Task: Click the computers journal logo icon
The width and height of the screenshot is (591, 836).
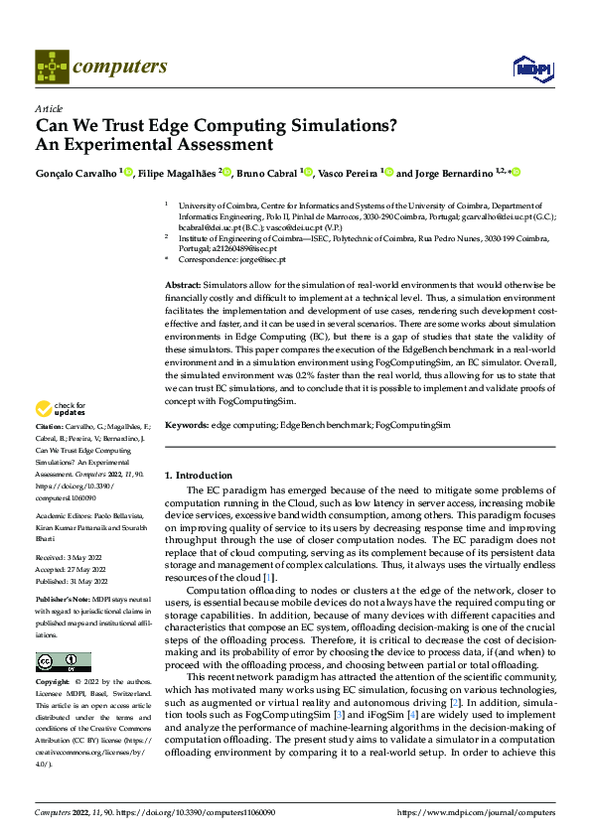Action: pos(52,68)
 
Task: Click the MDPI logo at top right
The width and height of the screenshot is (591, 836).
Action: pos(532,68)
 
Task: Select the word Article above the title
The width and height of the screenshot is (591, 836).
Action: pos(49,108)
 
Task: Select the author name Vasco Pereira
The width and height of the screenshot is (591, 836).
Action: pos(348,173)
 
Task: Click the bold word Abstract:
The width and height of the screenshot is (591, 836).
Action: pos(186,285)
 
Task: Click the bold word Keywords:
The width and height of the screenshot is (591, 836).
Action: pos(188,425)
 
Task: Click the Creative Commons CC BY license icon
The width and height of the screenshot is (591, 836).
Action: pos(63,661)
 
